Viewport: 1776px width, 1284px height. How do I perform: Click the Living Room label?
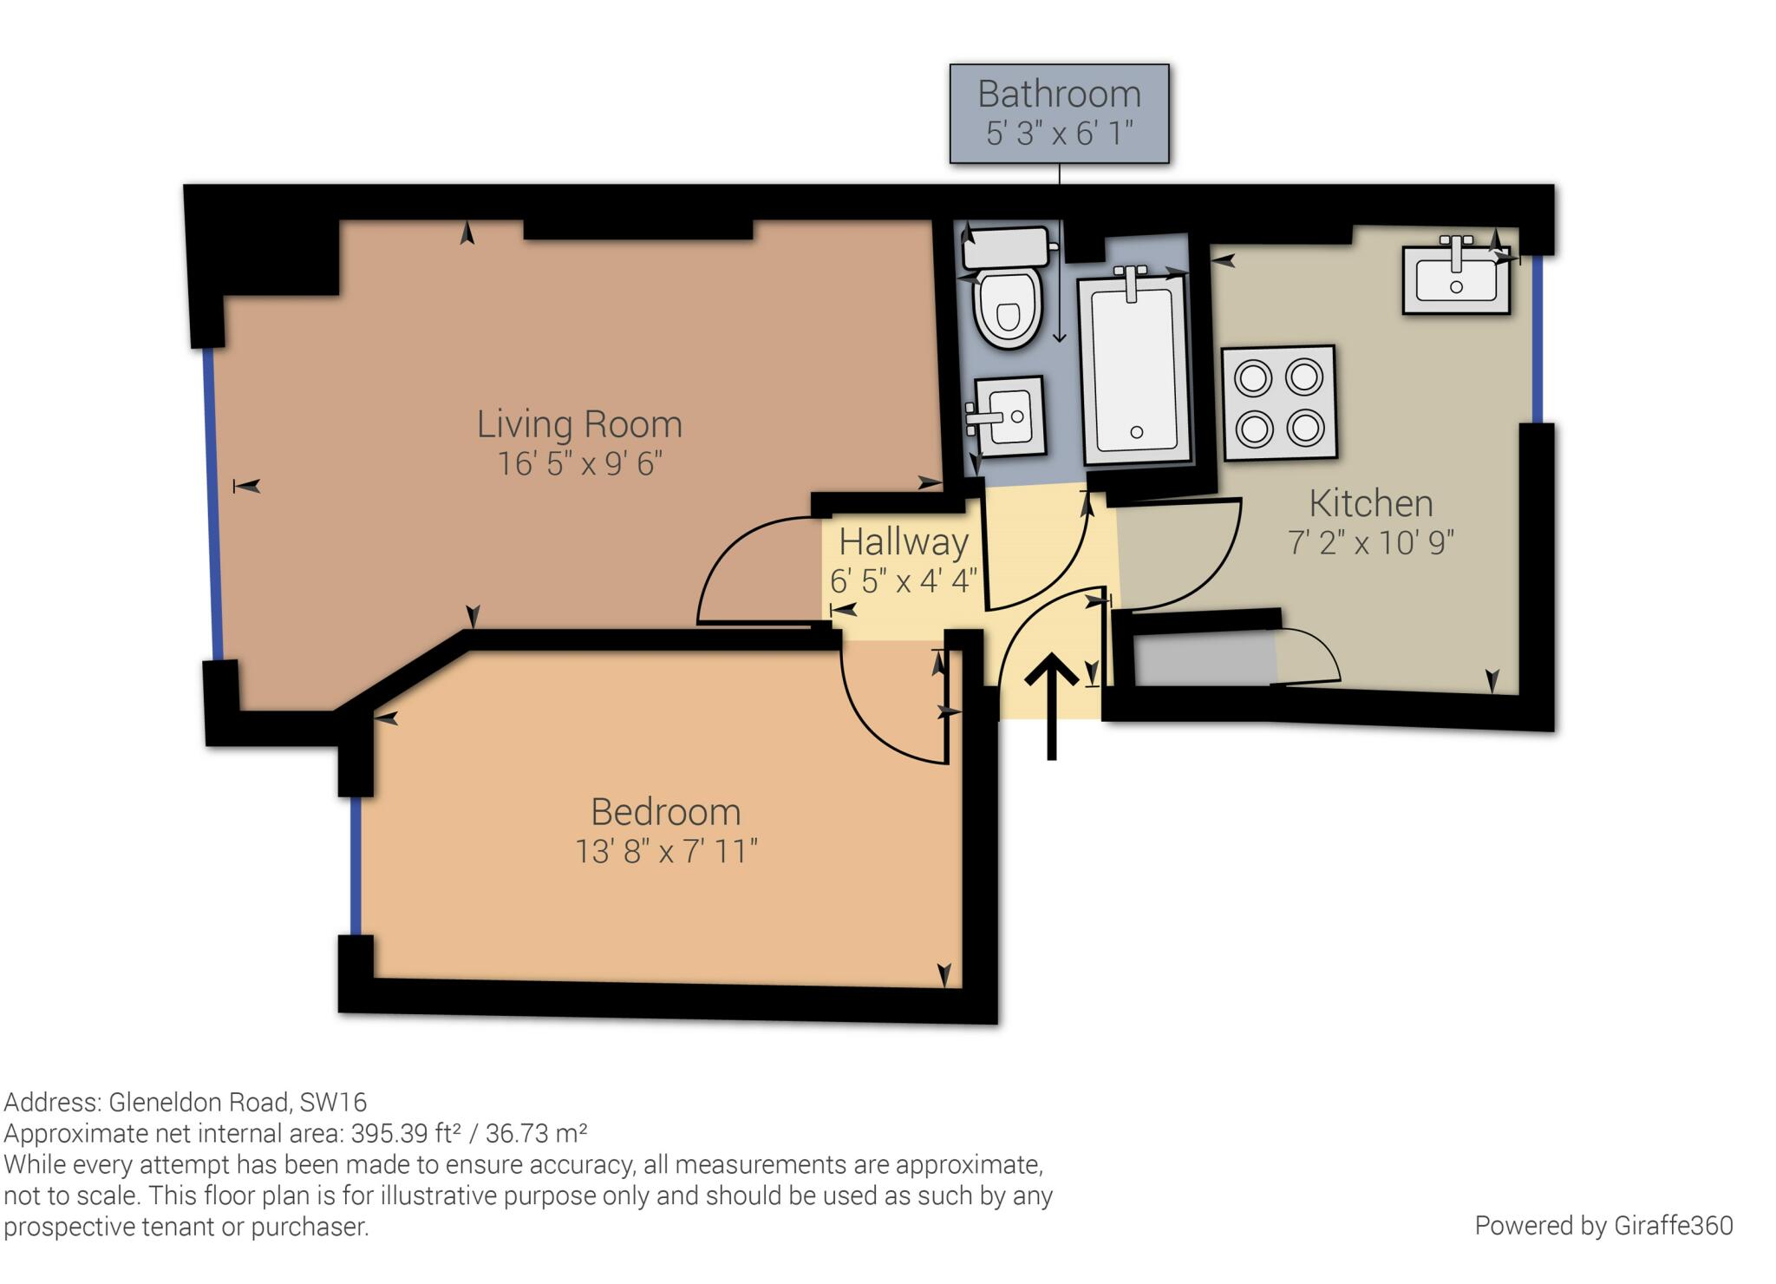[x=579, y=424]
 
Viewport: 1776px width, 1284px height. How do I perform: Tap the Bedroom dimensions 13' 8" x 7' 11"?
[x=666, y=851]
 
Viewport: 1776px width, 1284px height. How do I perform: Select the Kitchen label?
[x=1371, y=503]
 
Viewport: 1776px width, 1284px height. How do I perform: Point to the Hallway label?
[x=904, y=542]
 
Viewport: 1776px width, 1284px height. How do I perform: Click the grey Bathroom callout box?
[x=1059, y=114]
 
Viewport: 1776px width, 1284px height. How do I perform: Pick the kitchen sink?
[x=1456, y=276]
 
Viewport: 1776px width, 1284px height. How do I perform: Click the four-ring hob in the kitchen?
[x=1279, y=403]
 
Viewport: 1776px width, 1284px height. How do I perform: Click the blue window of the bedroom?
[x=356, y=865]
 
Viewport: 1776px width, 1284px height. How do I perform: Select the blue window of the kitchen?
[x=1537, y=338]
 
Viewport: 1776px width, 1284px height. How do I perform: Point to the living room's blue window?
[x=213, y=503]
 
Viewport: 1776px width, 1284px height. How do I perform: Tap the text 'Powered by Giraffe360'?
[x=1603, y=1226]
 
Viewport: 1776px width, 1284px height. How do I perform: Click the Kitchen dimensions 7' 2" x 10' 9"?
[x=1371, y=543]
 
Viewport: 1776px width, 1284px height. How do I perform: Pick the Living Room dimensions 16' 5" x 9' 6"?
[x=579, y=464]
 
